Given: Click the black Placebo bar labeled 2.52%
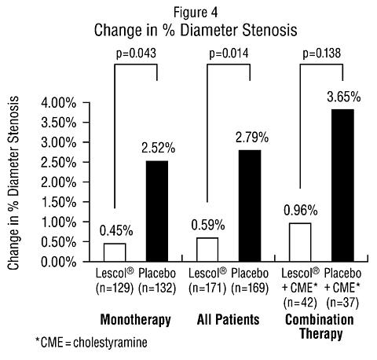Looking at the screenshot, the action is point(157,211).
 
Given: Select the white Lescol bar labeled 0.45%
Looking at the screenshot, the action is point(115,252).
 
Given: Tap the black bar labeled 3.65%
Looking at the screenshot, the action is point(342,186).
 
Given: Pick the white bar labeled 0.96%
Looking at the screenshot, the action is point(300,242).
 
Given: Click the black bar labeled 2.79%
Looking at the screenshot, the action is point(250,206).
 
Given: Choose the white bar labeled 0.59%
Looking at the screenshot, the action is point(207,249).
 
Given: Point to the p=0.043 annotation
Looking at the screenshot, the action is point(136,53).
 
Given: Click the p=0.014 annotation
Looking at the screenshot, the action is point(229,53).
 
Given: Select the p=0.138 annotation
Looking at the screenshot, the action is point(322,53).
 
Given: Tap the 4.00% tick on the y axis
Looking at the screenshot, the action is point(59,103).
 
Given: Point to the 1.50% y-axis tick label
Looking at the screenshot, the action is point(59,202).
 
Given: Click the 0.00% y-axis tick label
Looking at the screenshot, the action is point(59,262).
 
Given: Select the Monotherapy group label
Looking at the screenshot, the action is point(136,320).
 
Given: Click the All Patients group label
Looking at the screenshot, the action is point(229,320).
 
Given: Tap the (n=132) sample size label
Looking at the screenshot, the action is point(157,288).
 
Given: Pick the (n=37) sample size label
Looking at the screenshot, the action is point(342,303).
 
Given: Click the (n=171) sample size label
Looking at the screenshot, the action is point(207,288).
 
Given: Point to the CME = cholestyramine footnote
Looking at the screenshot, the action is point(91,343).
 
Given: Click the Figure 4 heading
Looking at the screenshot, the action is point(196,13).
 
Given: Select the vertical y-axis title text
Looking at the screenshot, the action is point(13,183).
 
